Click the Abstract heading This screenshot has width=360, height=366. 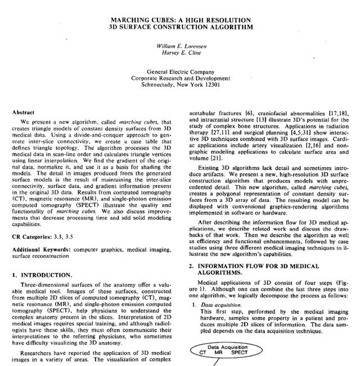click(26, 112)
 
